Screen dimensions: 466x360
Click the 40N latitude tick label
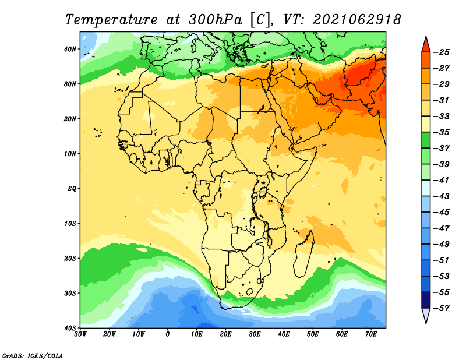pos(70,49)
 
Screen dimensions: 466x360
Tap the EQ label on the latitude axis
pos(72,189)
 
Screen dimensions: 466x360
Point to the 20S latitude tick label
pos(70,258)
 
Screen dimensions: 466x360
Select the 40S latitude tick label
pos(70,328)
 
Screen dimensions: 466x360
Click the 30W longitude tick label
pos(80,334)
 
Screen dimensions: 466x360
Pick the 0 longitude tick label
pos(168,334)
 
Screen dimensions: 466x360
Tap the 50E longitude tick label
pos(313,334)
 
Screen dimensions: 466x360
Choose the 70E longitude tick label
pos(371,334)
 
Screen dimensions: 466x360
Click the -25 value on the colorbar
pos(442,52)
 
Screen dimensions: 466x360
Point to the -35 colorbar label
pos(442,132)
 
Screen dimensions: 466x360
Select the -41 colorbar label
pos(442,181)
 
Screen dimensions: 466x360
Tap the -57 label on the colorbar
pos(442,308)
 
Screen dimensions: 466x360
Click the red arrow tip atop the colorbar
pos(426,37)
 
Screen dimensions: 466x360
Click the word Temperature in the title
pos(111,20)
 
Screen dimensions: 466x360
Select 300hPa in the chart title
pos(216,20)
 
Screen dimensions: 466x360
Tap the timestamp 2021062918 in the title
pos(357,20)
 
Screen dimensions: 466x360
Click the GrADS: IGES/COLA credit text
pos(33,356)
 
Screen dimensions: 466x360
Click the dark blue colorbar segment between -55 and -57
pos(426,300)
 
